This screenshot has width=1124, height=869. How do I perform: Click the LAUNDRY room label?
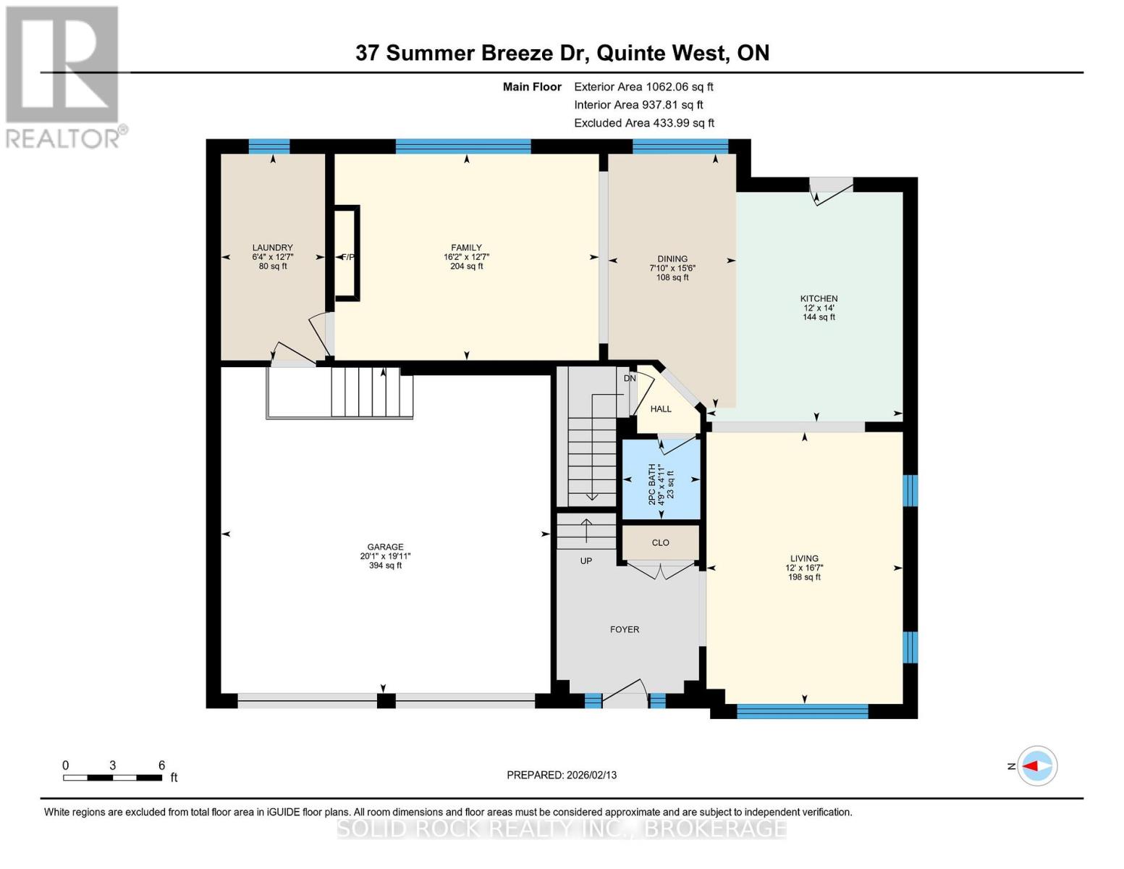272,248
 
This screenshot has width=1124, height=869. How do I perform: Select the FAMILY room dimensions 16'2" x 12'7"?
466,257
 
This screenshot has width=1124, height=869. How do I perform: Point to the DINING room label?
672,259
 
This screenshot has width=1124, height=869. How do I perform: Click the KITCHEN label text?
819,298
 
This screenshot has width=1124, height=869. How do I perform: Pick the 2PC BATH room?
661,479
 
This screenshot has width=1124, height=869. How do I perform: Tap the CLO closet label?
660,542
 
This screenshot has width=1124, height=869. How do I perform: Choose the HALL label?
660,409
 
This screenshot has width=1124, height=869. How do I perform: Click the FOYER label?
624,629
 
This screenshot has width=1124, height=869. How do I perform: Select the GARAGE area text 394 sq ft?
385,566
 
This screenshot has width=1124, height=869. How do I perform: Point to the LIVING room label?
804,558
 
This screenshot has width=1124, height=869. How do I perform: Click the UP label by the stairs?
586,561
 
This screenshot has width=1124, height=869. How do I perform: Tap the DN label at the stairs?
630,378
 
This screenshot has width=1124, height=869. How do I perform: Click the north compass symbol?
1036,766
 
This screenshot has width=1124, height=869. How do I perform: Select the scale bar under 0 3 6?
112,778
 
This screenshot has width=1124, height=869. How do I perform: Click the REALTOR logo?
64,76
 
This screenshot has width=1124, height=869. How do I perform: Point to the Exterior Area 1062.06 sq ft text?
643,87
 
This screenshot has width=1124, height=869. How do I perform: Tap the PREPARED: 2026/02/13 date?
562,775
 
